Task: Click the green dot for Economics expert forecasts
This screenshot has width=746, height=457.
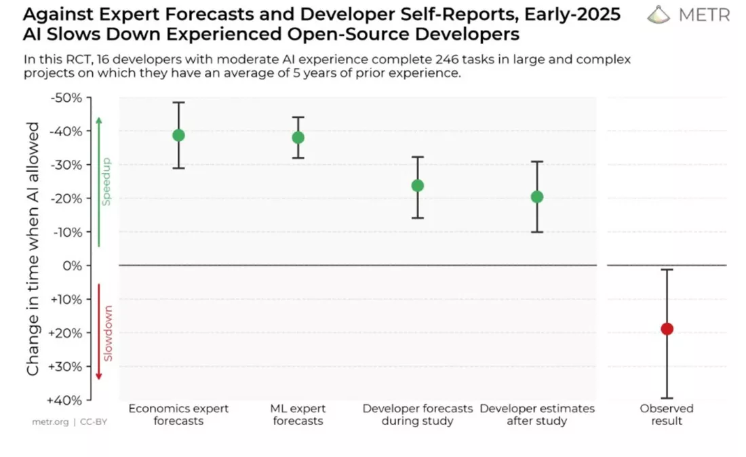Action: pyautogui.click(x=178, y=135)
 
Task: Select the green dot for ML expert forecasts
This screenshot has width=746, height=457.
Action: pyautogui.click(x=298, y=138)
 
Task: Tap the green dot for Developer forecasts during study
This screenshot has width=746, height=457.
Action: pyautogui.click(x=418, y=185)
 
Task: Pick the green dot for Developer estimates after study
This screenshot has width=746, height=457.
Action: pyautogui.click(x=536, y=197)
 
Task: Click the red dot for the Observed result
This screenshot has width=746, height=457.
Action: pyautogui.click(x=667, y=329)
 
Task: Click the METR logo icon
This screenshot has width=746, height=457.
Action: pyautogui.click(x=658, y=15)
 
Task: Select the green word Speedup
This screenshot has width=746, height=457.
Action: pyautogui.click(x=106, y=182)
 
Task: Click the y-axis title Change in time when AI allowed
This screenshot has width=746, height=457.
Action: pyautogui.click(x=33, y=249)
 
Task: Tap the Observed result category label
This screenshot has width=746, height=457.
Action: pyautogui.click(x=667, y=414)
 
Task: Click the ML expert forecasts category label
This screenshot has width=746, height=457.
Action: pyautogui.click(x=298, y=414)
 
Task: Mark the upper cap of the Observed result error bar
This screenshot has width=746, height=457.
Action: pyautogui.click(x=667, y=270)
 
